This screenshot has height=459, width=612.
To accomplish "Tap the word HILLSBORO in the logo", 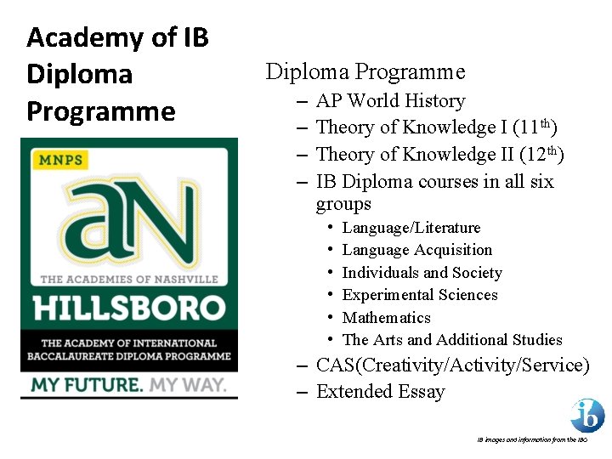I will click(129, 307).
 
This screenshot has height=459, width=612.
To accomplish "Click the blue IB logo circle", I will click(587, 415).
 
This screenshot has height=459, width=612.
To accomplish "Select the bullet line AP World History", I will click(390, 101).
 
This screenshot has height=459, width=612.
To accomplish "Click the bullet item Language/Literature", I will click(411, 228).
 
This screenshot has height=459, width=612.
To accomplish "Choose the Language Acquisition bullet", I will click(416, 250).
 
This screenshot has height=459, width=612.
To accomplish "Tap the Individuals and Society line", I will click(422, 273).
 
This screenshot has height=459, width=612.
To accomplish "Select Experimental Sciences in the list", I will click(419, 295).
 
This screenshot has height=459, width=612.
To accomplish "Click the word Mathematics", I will click(386, 318).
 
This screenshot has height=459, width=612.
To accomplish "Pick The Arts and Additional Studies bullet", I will click(451, 340).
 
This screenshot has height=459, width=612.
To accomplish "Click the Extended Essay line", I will click(380, 392).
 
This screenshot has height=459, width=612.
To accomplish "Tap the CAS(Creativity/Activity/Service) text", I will click(452, 365).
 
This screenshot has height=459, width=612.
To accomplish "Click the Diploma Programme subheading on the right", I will click(365, 72).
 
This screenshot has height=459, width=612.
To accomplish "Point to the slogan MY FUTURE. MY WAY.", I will click(129, 385).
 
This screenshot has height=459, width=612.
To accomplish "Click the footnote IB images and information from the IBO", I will click(531, 440).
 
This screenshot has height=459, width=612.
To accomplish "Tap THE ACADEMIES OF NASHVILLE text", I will click(129, 279).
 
